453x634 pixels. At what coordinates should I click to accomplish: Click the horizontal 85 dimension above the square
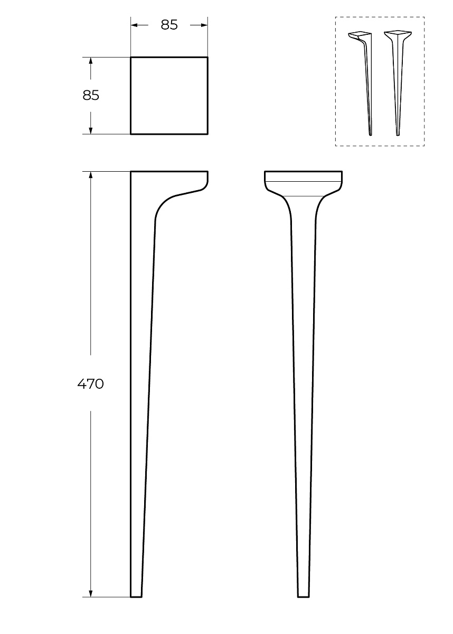pyautogui.click(x=169, y=25)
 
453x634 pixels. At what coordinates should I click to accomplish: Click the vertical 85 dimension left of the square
pyautogui.click(x=91, y=96)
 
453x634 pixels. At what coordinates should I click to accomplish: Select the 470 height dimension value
pyautogui.click(x=90, y=384)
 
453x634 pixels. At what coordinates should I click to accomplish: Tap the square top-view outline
pyautogui.click(x=130, y=96)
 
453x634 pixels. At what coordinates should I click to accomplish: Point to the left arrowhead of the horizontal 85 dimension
pyautogui.click(x=134, y=25)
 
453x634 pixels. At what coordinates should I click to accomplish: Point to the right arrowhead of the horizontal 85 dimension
pyautogui.click(x=204, y=25)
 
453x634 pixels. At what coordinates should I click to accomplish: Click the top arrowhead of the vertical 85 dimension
pyautogui.click(x=91, y=61)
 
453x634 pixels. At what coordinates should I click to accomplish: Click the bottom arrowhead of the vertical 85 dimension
pyautogui.click(x=91, y=130)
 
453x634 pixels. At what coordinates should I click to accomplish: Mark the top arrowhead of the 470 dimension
pyautogui.click(x=91, y=175)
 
